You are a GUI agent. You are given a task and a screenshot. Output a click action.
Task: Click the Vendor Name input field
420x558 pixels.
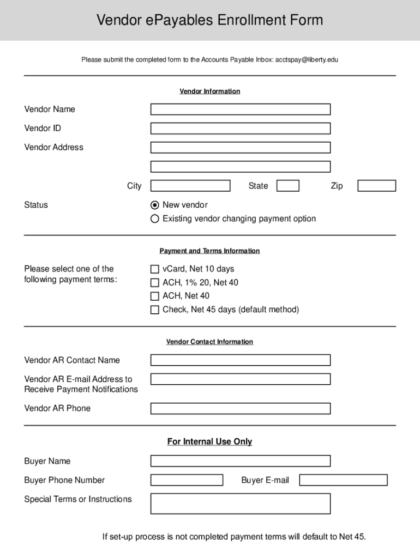(x=240, y=110)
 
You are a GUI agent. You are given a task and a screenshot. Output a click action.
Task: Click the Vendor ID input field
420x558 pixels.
(x=240, y=129)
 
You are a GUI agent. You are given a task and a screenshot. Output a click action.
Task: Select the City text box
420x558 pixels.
(x=190, y=186)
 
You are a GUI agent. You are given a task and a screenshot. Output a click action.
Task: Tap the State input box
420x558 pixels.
(x=287, y=186)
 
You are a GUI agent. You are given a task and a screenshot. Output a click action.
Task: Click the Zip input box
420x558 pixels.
(x=376, y=186)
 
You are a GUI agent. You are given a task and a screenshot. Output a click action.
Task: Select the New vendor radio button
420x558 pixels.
(x=155, y=205)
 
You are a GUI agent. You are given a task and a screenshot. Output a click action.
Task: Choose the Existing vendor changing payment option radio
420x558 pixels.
(x=155, y=219)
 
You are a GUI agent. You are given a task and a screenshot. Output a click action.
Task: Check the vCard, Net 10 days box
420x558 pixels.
(x=155, y=269)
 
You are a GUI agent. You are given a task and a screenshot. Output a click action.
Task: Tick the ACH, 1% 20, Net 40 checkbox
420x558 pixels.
(x=155, y=283)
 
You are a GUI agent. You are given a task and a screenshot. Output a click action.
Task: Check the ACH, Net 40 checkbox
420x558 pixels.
(x=155, y=296)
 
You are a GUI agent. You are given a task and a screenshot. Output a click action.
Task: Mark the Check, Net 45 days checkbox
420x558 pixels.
(x=155, y=310)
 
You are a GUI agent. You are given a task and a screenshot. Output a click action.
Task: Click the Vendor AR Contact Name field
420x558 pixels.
(x=240, y=360)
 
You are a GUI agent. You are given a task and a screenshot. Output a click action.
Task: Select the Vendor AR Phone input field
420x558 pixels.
(x=240, y=409)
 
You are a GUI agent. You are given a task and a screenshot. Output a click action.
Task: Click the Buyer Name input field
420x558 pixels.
(x=240, y=462)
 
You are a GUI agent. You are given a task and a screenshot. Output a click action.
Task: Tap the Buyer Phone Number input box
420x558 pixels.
(x=187, y=480)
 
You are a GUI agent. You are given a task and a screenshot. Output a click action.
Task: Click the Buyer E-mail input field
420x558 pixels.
(x=343, y=480)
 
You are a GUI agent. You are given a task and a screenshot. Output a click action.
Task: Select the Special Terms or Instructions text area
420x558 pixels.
(x=240, y=504)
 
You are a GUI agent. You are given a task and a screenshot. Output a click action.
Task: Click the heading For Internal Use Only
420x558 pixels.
(x=209, y=442)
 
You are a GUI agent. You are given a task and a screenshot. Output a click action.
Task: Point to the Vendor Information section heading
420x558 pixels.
(x=209, y=92)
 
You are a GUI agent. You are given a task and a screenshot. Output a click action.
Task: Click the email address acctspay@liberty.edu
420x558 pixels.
(x=307, y=59)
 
